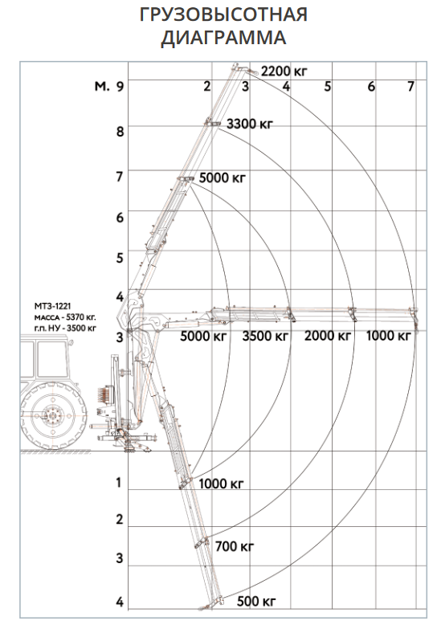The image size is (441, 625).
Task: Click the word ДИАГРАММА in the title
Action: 223,38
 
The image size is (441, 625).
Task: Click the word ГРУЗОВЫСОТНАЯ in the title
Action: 223,14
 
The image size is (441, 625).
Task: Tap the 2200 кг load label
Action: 284,71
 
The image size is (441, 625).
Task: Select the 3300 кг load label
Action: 250,124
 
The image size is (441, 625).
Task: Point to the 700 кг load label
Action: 235,546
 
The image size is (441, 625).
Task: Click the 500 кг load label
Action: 256,601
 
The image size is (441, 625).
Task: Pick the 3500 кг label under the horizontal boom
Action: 265,336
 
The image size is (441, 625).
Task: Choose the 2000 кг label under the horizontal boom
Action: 328,336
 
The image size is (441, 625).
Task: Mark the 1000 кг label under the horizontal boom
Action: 388,336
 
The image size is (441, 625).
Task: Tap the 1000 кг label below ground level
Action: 221,484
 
